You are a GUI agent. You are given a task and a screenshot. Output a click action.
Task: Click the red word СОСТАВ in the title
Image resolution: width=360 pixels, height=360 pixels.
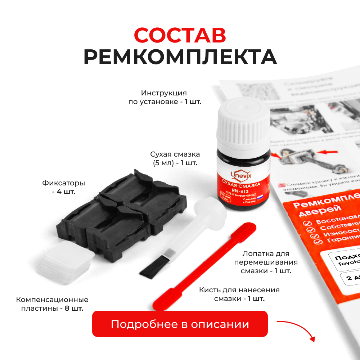pyautogui.click(x=180, y=35)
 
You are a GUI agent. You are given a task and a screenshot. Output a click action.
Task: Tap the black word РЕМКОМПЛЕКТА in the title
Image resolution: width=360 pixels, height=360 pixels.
pyautogui.click(x=180, y=57)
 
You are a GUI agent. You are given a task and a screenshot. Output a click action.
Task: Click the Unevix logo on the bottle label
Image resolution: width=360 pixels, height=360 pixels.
pyautogui.click(x=244, y=175)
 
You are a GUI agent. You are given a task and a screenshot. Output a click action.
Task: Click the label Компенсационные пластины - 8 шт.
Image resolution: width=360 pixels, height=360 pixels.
pyautogui.click(x=52, y=304)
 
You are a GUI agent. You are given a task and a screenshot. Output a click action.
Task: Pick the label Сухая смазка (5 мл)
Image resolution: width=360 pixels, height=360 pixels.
pyautogui.click(x=175, y=158)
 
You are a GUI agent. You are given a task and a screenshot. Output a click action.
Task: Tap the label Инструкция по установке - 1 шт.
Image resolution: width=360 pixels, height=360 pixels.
pyautogui.click(x=165, y=97)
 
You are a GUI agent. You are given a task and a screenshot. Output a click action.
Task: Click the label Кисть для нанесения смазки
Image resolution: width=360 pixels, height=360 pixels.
pyautogui.click(x=239, y=294)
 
